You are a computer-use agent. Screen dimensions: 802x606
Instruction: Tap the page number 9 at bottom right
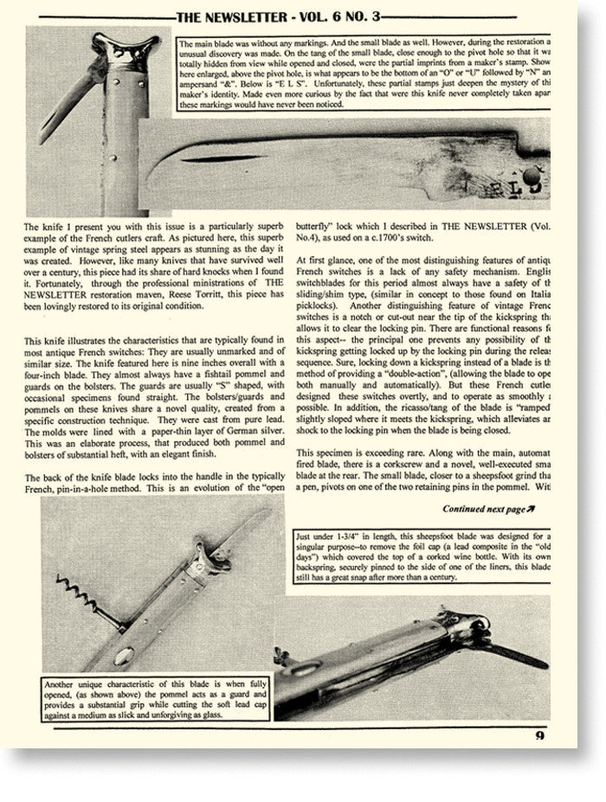[x=541, y=737]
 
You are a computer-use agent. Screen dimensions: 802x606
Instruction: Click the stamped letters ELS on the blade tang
[x=500, y=183]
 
